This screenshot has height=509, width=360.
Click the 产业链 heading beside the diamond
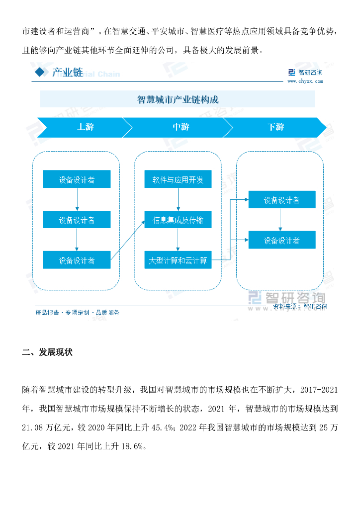(x=68, y=73)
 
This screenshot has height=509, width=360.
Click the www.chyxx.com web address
(x=311, y=81)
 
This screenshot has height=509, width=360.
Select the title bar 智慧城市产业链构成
(x=178, y=99)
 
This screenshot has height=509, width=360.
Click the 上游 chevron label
(x=85, y=127)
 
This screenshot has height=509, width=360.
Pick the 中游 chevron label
(x=180, y=127)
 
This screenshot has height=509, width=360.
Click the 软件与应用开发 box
(x=178, y=179)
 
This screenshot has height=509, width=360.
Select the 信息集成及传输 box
(x=178, y=220)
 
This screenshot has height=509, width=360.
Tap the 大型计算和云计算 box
(x=178, y=260)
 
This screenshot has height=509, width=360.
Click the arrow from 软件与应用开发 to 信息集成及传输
(x=178, y=199)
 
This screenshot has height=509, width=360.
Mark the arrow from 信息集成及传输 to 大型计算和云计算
(x=178, y=240)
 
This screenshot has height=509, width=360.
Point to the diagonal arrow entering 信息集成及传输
(x=127, y=240)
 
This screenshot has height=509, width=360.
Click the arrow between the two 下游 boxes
(x=281, y=220)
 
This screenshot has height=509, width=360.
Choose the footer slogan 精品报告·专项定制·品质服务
(x=77, y=313)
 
